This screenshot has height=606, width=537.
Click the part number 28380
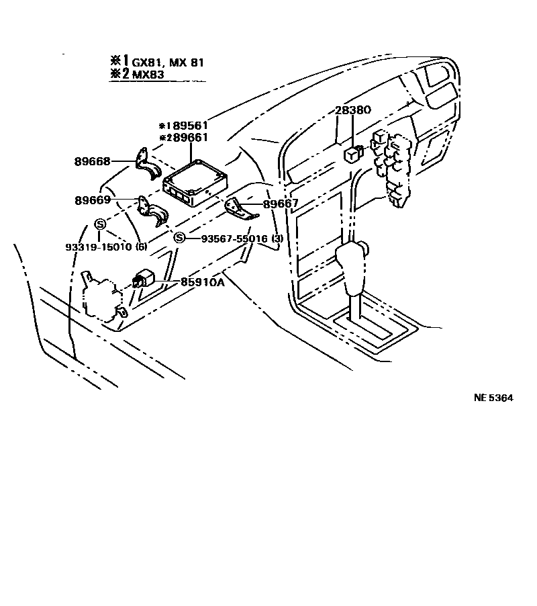353,110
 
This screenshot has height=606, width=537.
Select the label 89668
92,161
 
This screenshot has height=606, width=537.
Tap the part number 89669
93,200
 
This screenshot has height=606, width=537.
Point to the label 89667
281,204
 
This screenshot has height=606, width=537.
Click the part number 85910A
202,282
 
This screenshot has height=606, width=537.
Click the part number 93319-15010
99,247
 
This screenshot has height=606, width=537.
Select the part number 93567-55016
234,239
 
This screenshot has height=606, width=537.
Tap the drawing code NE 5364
494,398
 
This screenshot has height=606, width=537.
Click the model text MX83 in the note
148,74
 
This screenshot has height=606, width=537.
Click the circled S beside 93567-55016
179,238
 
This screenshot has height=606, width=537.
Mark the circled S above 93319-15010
99,224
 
